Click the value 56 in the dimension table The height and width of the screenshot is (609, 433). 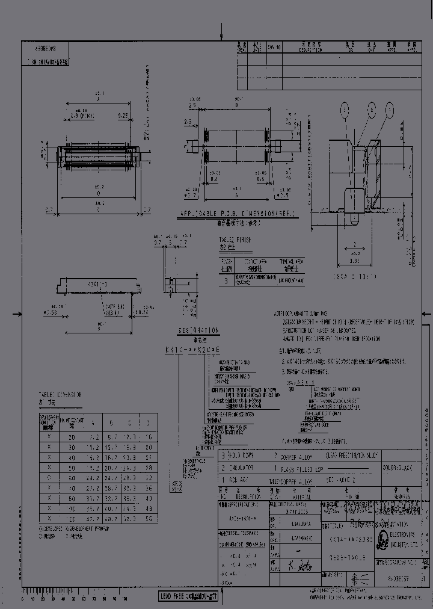coord(148,518)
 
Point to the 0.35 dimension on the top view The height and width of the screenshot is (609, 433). coord(123,115)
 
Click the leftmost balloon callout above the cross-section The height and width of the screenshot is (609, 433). coord(343,109)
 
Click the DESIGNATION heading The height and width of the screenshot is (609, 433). coord(198,331)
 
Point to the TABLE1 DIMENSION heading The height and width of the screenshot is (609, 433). coord(60,398)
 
